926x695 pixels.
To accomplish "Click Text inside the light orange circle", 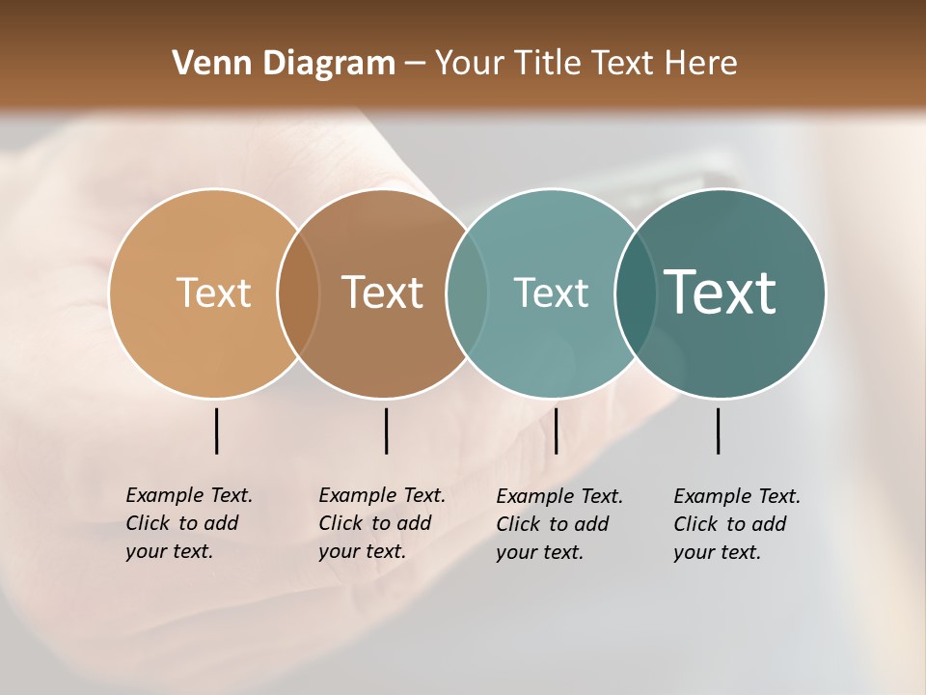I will [214, 292].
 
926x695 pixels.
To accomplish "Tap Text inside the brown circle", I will [383, 292].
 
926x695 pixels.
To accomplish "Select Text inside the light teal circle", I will [551, 292].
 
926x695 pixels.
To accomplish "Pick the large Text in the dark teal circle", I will [721, 292].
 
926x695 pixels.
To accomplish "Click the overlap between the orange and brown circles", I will [298, 292].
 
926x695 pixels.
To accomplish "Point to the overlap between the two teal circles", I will [636, 292].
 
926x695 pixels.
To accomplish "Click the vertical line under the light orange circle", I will [217, 431].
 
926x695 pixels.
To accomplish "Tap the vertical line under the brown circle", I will [386, 431].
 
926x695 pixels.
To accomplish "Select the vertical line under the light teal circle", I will [556, 431].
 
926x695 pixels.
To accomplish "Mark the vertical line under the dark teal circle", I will [718, 431].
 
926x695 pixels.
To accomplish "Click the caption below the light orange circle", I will [189, 523].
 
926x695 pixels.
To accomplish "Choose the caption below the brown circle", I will [382, 523].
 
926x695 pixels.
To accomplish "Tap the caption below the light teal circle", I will [559, 524].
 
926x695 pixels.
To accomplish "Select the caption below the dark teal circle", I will [737, 524].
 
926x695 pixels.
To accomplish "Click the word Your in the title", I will [470, 64].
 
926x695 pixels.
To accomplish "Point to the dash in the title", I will [415, 65].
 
